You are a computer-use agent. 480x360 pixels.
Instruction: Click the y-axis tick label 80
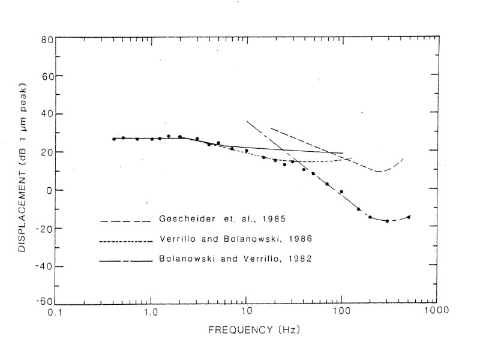pos(47,40)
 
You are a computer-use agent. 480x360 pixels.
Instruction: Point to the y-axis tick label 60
pos(47,77)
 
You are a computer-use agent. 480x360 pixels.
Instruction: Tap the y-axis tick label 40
pos(47,114)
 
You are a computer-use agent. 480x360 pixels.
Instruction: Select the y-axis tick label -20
pos(44,228)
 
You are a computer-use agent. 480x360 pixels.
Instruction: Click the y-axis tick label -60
pos(44,303)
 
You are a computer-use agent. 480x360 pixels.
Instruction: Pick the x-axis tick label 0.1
pos(56,313)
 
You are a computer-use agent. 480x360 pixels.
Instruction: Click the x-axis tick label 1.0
pos(151,313)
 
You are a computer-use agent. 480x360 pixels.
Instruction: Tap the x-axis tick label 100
pos(341,313)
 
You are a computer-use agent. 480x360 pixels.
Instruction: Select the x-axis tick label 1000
pos(436,313)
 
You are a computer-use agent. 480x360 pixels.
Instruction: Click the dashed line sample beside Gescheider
pos(124,221)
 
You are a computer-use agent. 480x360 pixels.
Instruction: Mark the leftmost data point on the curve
pos(114,139)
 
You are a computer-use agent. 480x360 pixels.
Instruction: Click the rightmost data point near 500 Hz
pos(409,217)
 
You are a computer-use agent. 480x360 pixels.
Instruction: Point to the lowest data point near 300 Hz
pos(387,221)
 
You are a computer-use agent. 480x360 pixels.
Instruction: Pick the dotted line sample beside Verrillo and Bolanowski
pos(124,241)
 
